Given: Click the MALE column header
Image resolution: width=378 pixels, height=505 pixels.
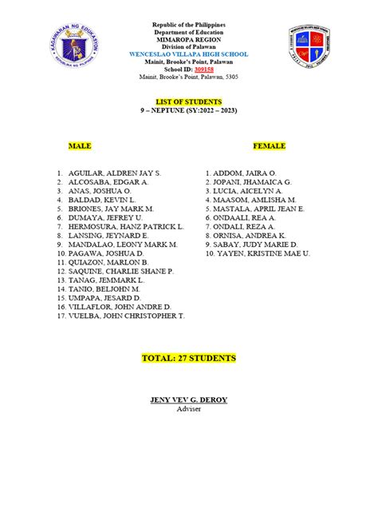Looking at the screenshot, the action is point(80,147).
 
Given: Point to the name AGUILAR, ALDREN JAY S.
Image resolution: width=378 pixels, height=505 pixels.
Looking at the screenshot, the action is point(115,173).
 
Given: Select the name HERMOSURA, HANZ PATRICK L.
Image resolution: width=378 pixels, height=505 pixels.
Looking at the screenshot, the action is point(126,226).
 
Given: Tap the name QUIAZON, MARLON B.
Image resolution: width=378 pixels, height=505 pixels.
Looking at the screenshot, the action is point(108,262).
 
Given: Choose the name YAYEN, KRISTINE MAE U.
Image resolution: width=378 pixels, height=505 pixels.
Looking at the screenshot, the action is point(262,253).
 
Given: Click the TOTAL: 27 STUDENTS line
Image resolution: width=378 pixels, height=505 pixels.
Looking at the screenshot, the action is point(188,358).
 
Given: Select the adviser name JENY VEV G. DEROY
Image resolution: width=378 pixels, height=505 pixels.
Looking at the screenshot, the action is point(189,399).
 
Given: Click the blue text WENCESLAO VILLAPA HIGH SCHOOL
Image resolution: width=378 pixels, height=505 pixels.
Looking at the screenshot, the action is point(189,53).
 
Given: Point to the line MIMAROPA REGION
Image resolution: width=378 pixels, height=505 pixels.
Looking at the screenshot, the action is point(189,38).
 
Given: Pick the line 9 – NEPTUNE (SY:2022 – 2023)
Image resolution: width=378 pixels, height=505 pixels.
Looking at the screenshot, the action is point(189,110).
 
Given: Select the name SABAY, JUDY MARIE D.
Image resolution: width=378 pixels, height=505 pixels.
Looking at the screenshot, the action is point(256,245).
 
